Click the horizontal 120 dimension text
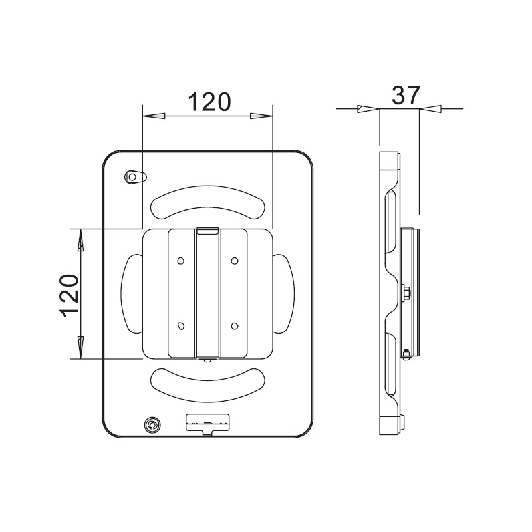tap(207, 102)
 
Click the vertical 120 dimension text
tap(70, 295)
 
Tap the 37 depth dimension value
tap(405, 95)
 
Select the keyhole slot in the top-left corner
tap(135, 177)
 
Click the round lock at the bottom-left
tap(153, 424)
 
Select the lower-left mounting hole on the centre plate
tap(180, 326)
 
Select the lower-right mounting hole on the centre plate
tap(234, 326)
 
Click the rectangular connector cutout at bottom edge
tap(207, 423)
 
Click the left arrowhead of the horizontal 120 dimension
tap(154, 116)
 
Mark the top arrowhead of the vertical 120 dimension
tap(80, 240)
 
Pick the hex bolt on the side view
tap(406, 293)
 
